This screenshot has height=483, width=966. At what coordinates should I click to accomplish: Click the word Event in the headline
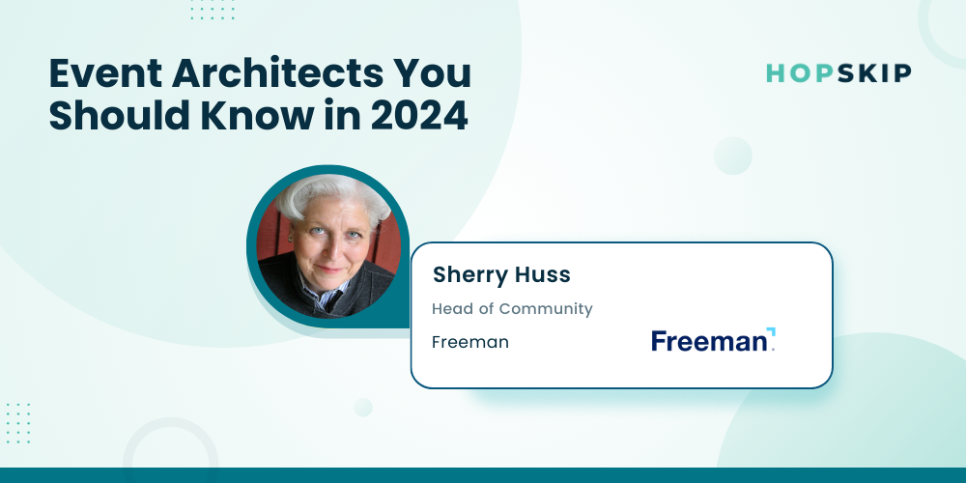pos(104,74)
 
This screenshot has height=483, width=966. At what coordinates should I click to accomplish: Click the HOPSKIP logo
pos(838,73)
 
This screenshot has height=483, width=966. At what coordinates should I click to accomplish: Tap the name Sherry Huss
pos(501,275)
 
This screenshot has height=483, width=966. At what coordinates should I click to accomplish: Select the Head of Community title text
pos(512,309)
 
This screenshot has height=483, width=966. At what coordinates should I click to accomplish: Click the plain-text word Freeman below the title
pos(470,342)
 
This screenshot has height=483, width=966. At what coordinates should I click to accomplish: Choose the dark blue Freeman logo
pos(713,340)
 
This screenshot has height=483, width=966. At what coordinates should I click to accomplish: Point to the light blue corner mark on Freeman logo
pos(771,331)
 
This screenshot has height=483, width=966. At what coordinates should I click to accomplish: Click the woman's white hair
pos(332,192)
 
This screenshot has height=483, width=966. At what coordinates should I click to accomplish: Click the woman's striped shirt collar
pos(323,292)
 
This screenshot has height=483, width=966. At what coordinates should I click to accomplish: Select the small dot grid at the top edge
pos(213,10)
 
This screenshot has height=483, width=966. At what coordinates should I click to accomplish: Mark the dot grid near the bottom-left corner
pos(17,423)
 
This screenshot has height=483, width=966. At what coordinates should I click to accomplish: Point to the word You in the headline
pos(444,74)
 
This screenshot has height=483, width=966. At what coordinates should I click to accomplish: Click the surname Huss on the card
pos(543,275)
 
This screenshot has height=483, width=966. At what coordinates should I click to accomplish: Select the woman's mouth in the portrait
pos(329,269)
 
